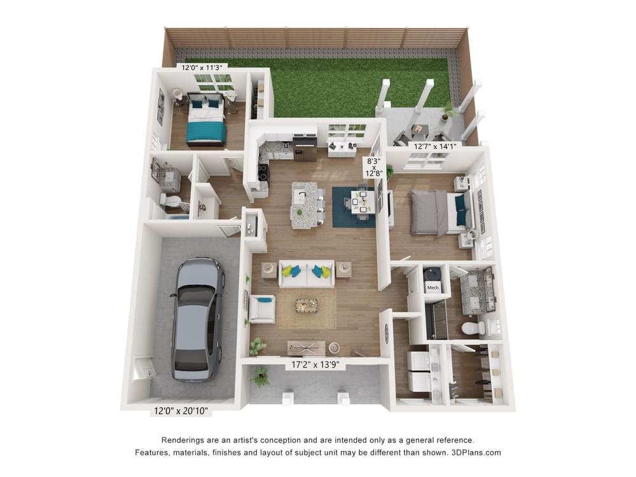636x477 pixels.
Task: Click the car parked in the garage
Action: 198,320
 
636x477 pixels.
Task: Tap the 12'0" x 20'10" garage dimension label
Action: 181,411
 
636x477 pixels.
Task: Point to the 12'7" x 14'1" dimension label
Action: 435,146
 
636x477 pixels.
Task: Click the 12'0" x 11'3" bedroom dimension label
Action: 202,67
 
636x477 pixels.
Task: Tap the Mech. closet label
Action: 433,287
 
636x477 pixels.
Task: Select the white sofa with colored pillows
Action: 307,273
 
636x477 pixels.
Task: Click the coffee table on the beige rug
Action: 307,305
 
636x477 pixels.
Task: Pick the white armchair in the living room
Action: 261,308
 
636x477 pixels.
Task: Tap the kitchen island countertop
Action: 304,205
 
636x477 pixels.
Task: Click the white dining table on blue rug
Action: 363,202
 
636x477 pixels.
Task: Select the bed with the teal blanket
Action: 205,120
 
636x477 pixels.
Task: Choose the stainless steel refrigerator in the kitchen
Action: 304,149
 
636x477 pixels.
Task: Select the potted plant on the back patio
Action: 446,111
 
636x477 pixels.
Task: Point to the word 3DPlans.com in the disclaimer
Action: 476,452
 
